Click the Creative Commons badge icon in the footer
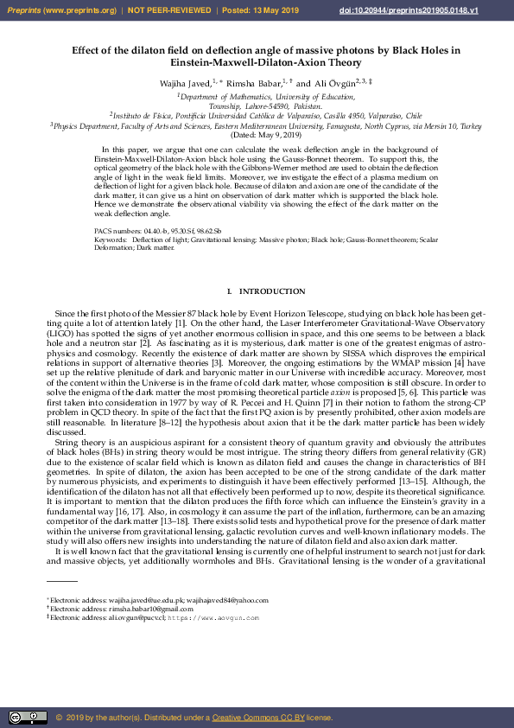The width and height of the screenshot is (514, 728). [28, 717]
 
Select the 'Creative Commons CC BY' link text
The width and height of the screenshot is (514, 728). [255, 718]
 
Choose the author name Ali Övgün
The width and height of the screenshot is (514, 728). [332, 82]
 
